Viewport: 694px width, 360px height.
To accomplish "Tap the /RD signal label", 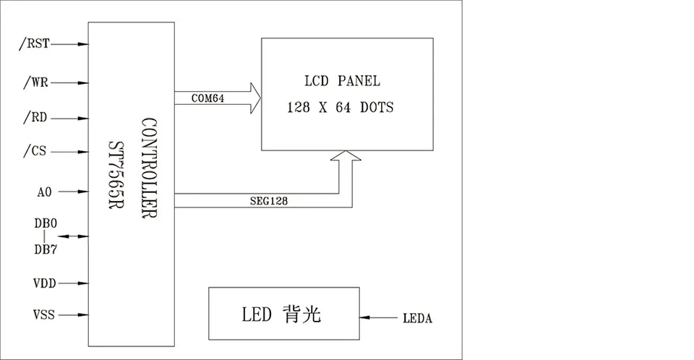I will click(x=35, y=116).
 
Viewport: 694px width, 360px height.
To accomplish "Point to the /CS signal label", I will click(x=35, y=152).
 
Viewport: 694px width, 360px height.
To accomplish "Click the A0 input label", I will click(x=43, y=192).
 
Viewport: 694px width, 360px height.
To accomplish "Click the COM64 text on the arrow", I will click(x=208, y=98).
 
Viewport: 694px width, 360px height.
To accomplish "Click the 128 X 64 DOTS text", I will click(x=340, y=108).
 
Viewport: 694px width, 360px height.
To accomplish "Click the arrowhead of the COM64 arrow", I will click(x=254, y=97).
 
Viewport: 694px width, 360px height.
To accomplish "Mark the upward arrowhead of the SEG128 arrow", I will click(x=345, y=156).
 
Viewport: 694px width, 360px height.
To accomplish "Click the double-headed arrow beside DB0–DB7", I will click(x=72, y=236).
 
